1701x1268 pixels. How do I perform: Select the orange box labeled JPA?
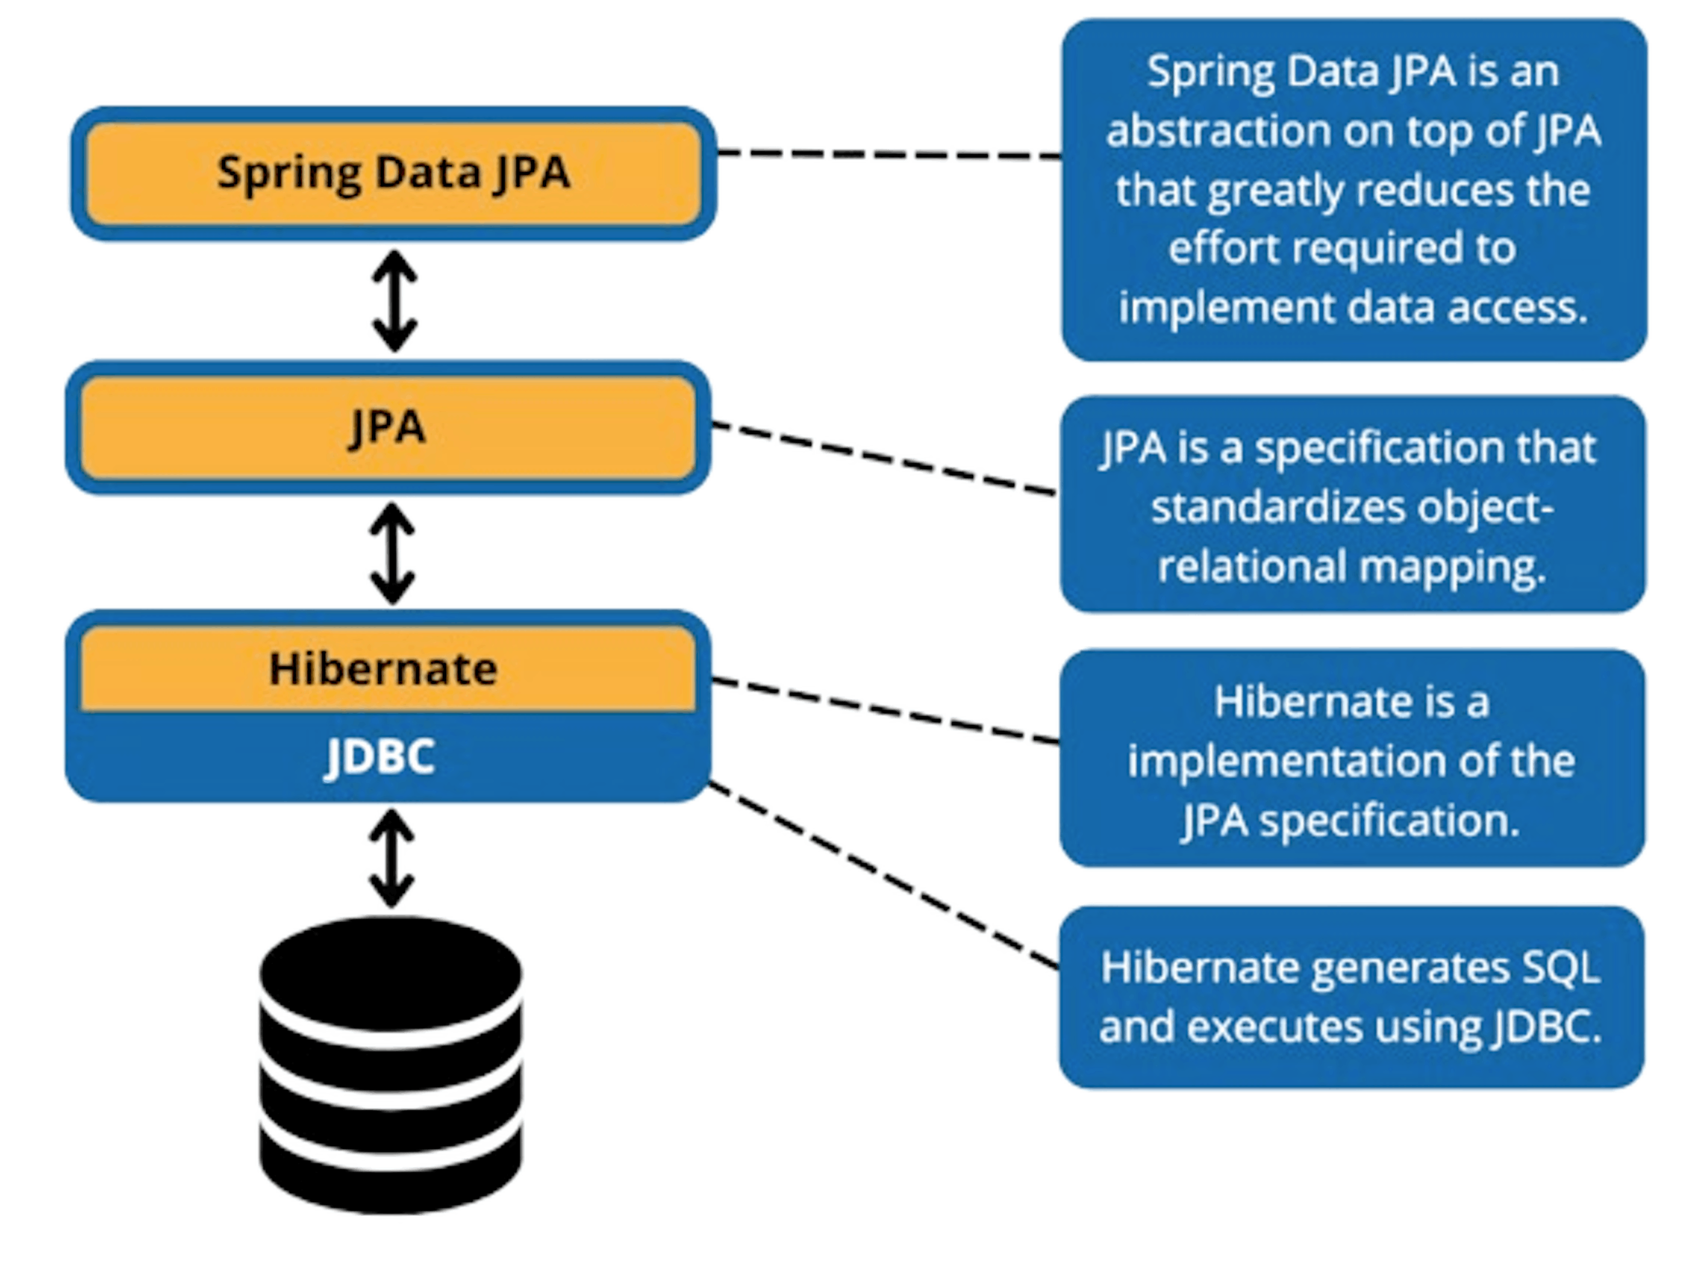(x=388, y=427)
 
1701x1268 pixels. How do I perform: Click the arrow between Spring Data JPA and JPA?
(x=394, y=300)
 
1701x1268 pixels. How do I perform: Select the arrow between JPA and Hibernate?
(x=392, y=553)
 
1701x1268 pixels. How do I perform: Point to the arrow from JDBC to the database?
(x=391, y=858)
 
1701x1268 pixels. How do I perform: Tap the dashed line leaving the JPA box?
(x=883, y=458)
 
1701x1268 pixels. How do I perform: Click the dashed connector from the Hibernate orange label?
(x=883, y=710)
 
